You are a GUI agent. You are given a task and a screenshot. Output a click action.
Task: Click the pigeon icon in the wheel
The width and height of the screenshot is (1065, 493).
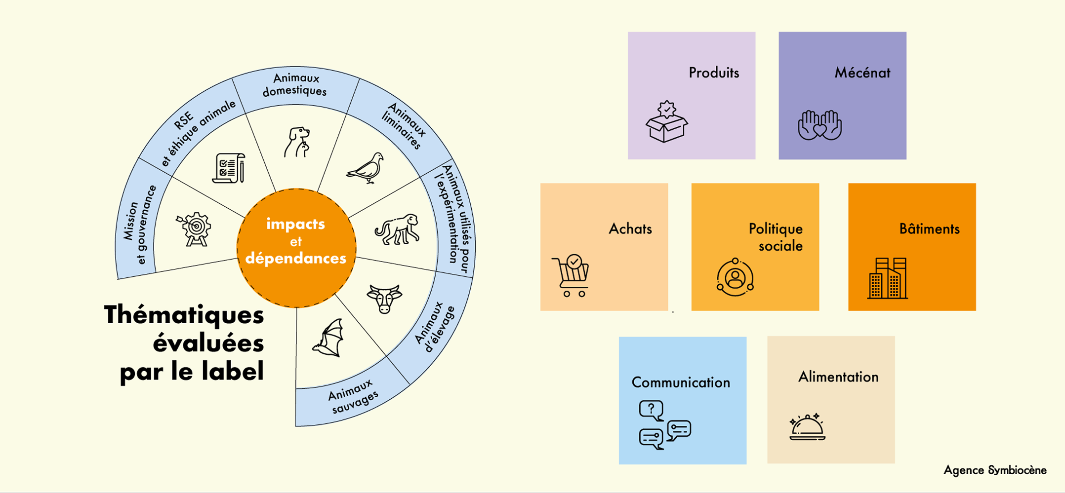coord(366,168)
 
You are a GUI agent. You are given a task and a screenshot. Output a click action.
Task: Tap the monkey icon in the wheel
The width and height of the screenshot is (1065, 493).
coord(397,229)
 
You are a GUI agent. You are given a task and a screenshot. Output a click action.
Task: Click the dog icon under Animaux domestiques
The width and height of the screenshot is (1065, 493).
coord(297,142)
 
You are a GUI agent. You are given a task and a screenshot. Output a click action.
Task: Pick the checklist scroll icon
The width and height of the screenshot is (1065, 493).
coord(229,168)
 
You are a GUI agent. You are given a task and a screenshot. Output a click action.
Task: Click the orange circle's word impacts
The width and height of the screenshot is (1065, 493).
coord(295,224)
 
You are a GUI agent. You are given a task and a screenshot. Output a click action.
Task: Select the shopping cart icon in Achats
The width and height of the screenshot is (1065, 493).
coord(571,275)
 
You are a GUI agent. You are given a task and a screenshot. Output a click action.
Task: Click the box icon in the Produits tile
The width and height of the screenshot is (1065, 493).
coord(667,122)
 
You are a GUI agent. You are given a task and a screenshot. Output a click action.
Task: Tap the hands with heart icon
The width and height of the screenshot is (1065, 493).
coord(820,125)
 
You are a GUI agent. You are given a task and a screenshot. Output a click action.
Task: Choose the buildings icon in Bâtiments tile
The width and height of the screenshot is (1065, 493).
coord(888,278)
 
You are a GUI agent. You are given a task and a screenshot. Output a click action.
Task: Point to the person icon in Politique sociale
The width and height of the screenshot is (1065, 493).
coord(735,277)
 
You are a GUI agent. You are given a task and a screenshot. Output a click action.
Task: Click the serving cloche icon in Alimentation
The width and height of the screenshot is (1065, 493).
coord(807,427)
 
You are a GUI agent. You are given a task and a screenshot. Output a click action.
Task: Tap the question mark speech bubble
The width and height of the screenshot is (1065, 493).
coord(651,410)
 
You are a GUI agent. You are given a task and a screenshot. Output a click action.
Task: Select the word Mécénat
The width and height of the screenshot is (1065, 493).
coord(862,73)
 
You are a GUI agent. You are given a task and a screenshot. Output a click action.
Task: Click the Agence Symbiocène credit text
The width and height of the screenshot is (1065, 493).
coord(995,470)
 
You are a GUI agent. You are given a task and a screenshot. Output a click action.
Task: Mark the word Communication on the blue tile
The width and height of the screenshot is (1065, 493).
coord(681,382)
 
